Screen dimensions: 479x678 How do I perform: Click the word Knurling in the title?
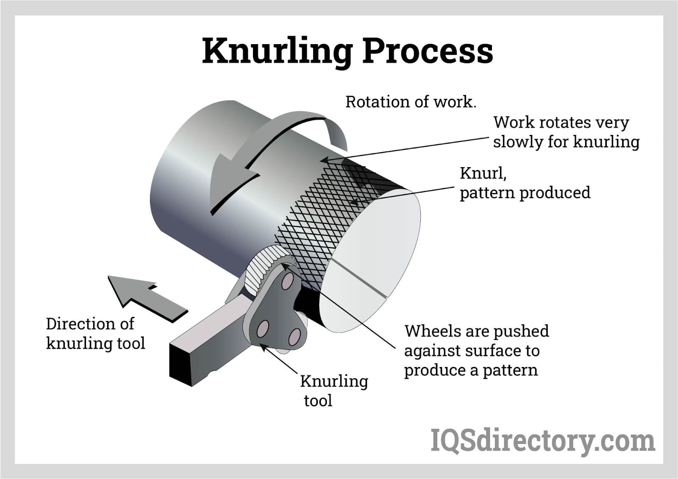point(277,51)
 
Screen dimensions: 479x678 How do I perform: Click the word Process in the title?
point(428,51)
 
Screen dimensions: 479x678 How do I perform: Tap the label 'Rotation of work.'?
point(411,102)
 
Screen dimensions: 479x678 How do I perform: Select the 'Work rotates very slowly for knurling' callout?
point(566,132)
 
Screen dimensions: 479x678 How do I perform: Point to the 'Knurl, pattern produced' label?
point(525,183)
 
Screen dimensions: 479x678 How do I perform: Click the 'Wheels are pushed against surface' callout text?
point(476,350)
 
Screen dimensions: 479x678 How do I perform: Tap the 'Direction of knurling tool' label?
point(95,333)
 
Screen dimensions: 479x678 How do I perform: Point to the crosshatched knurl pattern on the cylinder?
point(322,221)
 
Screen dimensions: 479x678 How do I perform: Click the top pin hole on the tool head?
point(288,281)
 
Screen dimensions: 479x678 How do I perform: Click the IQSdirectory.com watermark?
point(542,441)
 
